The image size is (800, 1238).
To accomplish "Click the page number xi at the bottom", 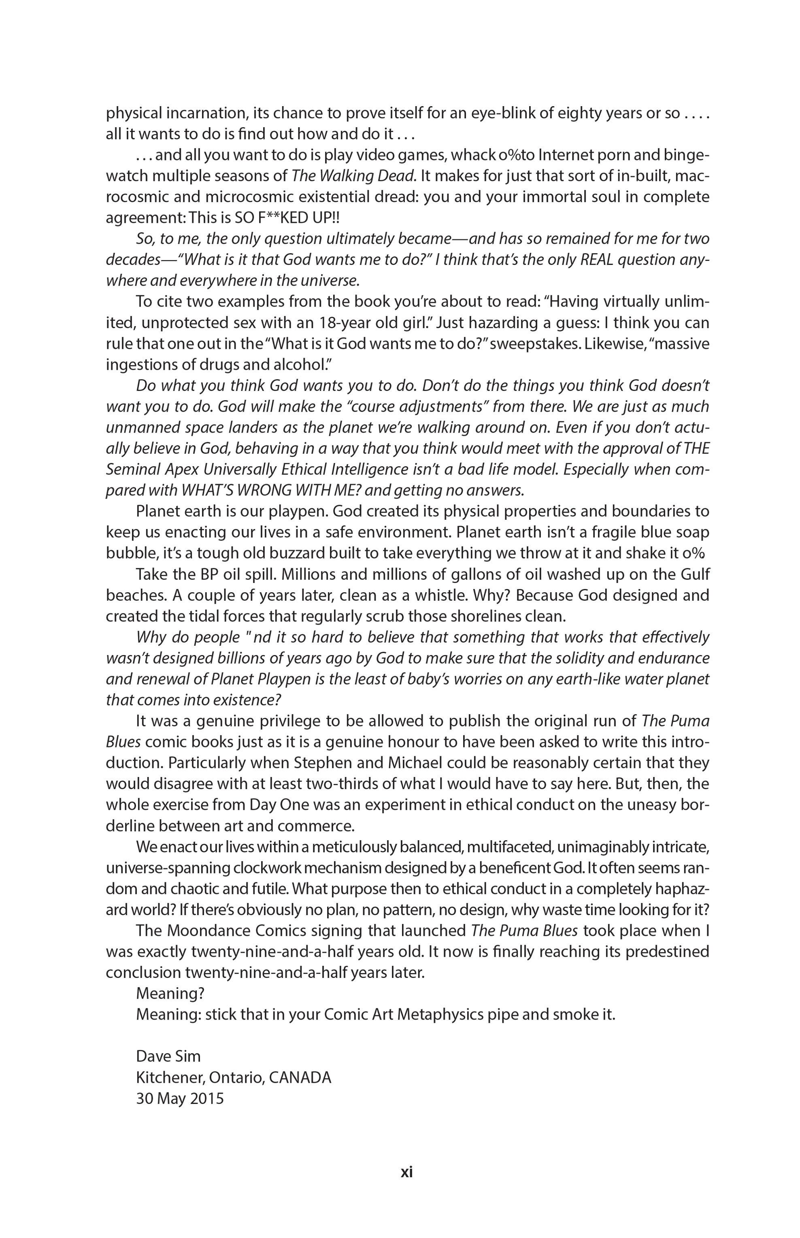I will (x=407, y=1172).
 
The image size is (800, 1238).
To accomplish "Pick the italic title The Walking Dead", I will (x=354, y=176).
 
